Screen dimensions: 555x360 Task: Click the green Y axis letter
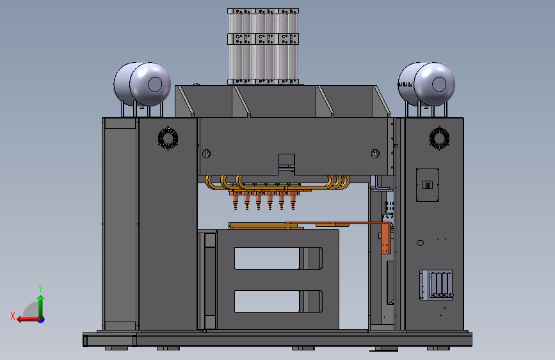click(40, 288)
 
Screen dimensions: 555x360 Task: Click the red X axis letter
click(13, 316)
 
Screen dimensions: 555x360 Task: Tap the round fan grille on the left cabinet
click(168, 138)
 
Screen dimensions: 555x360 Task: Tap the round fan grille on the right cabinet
click(440, 138)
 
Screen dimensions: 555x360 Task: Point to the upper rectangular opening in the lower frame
click(278, 258)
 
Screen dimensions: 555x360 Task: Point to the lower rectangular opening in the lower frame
click(278, 302)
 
